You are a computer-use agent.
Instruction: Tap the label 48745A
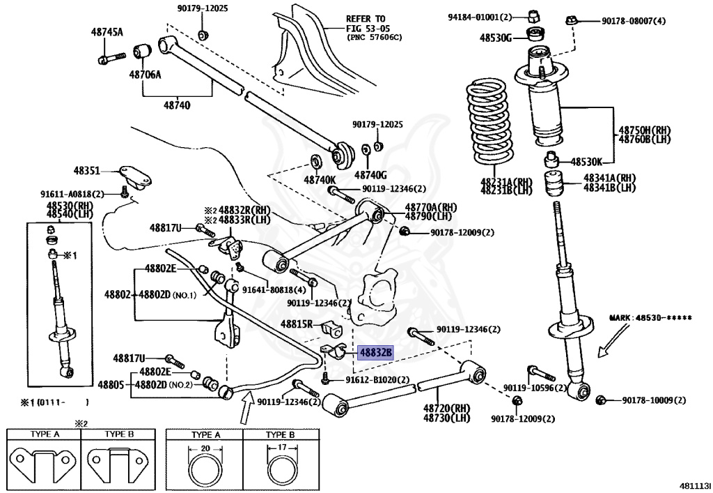coord(106,32)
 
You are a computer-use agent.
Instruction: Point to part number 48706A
coord(144,74)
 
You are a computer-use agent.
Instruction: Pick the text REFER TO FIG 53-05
coord(375,27)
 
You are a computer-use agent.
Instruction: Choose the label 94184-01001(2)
coord(480,17)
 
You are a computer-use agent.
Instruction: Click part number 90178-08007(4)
coord(634,21)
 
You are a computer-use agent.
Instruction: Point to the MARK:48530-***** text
coord(651,318)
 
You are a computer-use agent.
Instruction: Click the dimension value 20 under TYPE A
coord(205,448)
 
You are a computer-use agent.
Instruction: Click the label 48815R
coord(298,324)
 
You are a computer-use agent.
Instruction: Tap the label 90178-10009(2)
coord(654,400)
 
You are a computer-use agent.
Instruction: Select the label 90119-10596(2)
coord(526,388)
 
